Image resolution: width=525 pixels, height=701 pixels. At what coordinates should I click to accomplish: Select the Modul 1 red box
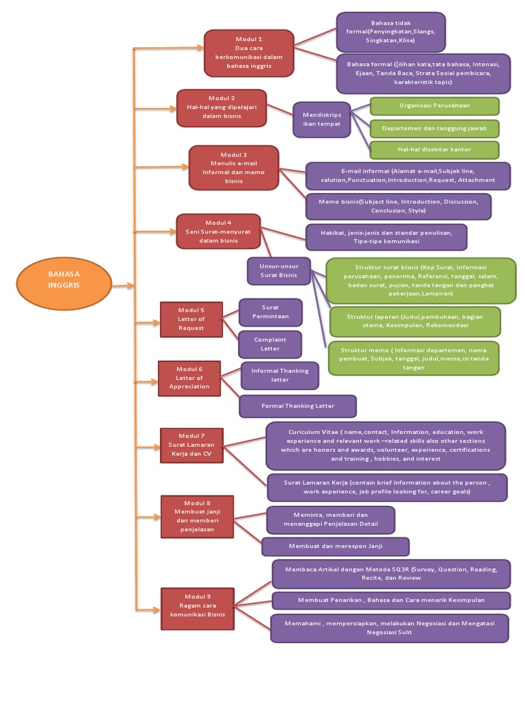(x=249, y=53)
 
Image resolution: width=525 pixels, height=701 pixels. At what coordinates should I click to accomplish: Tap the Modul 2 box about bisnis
(x=221, y=108)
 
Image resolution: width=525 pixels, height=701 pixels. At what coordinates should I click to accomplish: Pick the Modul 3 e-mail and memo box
(x=234, y=168)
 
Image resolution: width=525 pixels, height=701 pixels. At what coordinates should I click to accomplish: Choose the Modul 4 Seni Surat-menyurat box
(x=218, y=231)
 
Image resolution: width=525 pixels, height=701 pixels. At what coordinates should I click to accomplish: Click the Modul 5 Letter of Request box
(x=191, y=319)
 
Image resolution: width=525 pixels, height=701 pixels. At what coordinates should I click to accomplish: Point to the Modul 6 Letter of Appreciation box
(x=189, y=378)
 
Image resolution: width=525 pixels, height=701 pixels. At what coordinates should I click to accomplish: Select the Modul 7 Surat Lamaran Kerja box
(x=191, y=445)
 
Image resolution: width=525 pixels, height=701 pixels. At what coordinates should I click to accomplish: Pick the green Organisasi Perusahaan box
(x=434, y=106)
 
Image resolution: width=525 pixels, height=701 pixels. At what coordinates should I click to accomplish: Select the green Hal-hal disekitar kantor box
(x=434, y=149)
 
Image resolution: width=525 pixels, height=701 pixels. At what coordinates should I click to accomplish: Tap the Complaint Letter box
(x=270, y=344)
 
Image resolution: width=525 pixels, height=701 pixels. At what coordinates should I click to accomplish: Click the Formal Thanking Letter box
(x=297, y=406)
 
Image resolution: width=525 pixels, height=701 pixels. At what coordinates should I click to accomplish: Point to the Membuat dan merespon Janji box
(x=335, y=546)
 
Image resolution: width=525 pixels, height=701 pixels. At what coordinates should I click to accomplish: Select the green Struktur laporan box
(x=414, y=322)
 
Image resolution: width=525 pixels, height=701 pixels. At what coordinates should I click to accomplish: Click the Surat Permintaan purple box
(x=270, y=312)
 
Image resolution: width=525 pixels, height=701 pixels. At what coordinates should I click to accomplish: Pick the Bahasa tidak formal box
(x=390, y=31)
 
